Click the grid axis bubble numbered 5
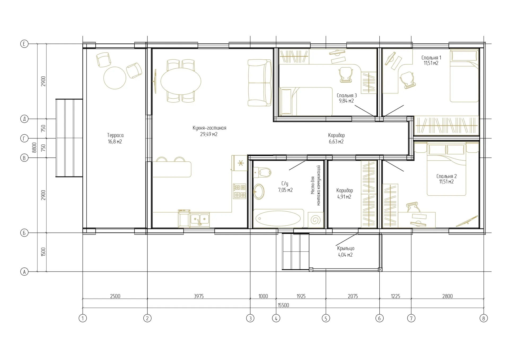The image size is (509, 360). click(326, 318)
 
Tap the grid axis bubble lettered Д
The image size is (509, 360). click(24, 119)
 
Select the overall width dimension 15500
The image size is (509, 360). click(283, 305)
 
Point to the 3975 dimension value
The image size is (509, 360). click(199, 296)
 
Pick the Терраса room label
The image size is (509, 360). click(115, 135)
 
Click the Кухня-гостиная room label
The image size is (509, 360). click(209, 128)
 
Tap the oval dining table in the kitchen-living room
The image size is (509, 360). click(181, 81)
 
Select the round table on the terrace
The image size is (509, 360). click(115, 78)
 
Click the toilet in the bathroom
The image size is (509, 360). click(262, 173)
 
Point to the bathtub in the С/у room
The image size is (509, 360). click(278, 218)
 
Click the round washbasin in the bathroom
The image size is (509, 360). click(259, 191)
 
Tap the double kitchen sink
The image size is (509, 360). click(200, 219)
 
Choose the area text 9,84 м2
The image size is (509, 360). click(346, 101)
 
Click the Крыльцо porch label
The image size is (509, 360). click(346, 248)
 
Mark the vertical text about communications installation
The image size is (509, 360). click(315, 185)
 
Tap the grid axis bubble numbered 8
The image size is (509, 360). click(484, 318)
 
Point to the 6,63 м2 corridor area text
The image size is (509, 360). click(336, 142)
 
